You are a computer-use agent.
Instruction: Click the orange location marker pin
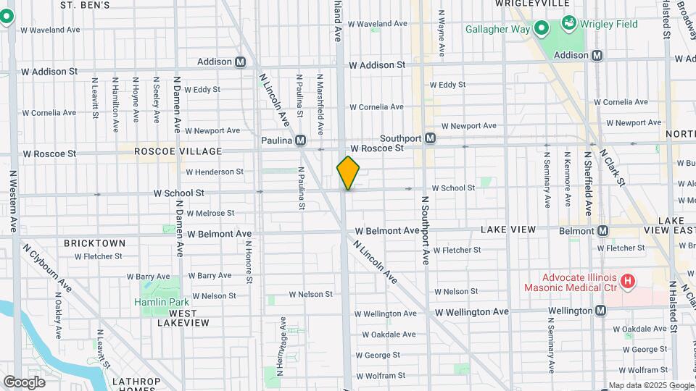(348, 173)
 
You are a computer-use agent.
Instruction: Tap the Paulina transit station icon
(299, 140)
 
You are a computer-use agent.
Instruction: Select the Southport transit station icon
(430, 138)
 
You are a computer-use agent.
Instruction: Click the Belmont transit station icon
(602, 231)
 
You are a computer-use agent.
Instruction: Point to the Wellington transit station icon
(601, 311)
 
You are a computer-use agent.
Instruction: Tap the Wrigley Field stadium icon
(571, 24)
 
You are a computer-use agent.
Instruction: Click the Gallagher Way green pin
(541, 29)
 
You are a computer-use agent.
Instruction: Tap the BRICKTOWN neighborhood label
(94, 243)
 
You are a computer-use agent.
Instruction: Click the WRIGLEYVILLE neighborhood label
(532, 4)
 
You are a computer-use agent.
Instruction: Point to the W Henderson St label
(215, 172)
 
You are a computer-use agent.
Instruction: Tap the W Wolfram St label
(380, 376)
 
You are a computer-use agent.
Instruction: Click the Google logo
(24, 382)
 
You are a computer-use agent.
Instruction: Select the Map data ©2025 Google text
(650, 385)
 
